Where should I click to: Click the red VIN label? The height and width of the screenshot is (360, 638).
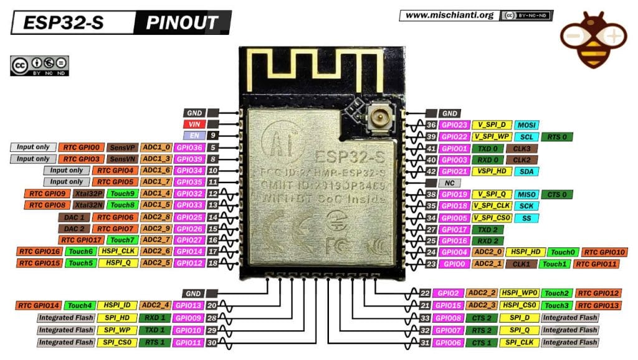click(193, 124)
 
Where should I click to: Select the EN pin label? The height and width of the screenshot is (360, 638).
click(193, 135)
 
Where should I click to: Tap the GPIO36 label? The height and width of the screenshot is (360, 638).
click(189, 148)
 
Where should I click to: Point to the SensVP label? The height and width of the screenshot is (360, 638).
click(121, 148)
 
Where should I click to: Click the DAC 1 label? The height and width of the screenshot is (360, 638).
click(74, 217)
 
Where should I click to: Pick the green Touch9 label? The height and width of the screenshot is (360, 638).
click(122, 194)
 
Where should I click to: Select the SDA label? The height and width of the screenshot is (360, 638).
click(526, 171)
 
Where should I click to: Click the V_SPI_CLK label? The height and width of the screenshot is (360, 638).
click(492, 206)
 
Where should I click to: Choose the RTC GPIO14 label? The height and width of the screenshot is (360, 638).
click(38, 305)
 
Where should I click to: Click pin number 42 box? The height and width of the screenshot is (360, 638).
click(430, 171)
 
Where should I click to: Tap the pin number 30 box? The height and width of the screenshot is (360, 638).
click(212, 343)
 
